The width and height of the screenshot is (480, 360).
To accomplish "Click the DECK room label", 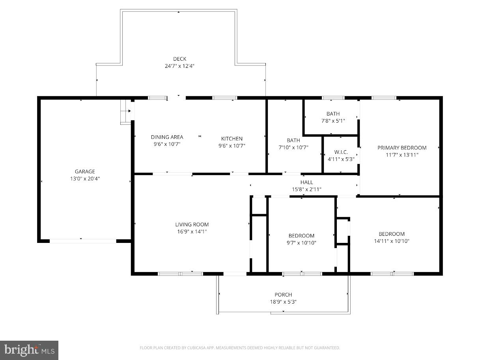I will [x=179, y=59].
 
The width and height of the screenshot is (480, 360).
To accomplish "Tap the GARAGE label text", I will [x=85, y=172].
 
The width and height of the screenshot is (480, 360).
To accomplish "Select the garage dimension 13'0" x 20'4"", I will [x=85, y=179].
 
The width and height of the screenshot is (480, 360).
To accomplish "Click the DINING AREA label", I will [x=167, y=137].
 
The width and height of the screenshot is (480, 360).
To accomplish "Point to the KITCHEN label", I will [x=232, y=138].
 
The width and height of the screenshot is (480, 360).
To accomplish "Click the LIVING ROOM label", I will [x=192, y=225].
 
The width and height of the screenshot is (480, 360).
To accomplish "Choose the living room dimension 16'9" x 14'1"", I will [x=192, y=232].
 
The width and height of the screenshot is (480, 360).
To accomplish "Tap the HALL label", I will [x=306, y=182].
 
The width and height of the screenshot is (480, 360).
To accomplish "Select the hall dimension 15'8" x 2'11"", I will [x=306, y=189].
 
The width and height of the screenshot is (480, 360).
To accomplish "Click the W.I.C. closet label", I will [x=341, y=152].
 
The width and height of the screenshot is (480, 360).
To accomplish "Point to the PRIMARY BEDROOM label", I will [x=402, y=148].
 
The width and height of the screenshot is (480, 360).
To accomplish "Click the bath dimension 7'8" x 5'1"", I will [x=333, y=121].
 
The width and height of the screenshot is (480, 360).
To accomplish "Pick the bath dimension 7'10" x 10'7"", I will [x=293, y=147].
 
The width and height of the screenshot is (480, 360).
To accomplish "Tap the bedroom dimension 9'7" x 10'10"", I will [x=301, y=243].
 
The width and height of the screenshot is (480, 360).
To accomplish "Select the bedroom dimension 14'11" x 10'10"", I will [x=392, y=241].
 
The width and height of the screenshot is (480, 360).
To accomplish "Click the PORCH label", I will [x=283, y=295].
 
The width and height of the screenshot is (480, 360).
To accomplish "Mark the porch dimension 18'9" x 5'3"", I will [x=283, y=302].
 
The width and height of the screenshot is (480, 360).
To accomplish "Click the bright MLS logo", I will [x=29, y=350].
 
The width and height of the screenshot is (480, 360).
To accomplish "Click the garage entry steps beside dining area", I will [x=126, y=112].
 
